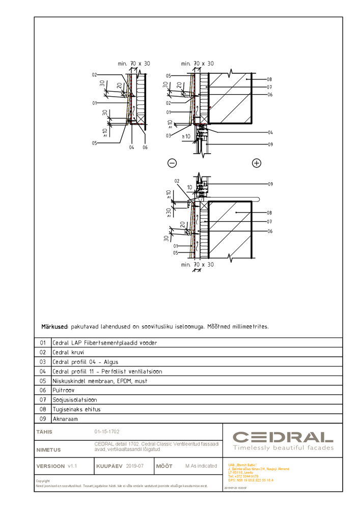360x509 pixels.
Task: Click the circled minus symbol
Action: click(172, 163)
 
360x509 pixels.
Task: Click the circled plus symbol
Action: click(257, 163)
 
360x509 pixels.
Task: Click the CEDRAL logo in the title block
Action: click(283, 437)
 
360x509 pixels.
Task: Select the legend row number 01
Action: click(43, 343)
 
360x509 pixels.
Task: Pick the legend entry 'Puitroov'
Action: click(64, 390)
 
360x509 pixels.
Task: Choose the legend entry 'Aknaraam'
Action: click(65, 418)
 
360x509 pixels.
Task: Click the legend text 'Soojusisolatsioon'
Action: click(75, 400)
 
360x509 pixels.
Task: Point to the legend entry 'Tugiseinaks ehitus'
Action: click(76, 409)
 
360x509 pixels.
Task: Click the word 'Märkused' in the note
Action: click(54, 326)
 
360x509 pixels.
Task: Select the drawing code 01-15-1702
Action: click(107, 432)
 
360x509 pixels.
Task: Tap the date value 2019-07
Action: click(135, 466)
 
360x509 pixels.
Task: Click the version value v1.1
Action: click(72, 466)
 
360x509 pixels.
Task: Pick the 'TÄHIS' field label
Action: click(44, 432)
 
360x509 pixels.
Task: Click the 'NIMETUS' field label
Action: click(48, 450)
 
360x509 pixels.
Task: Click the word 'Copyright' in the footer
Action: click(43, 481)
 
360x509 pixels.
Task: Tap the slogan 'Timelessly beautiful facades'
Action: click(283, 448)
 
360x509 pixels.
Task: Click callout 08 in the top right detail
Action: click(269, 79)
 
